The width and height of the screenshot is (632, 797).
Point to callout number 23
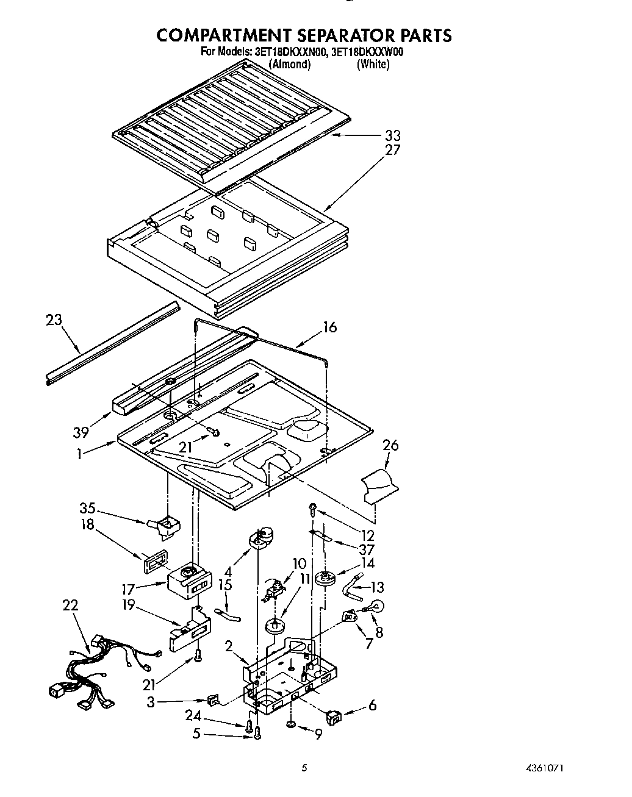coord(54,319)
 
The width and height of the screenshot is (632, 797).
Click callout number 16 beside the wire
coord(329,327)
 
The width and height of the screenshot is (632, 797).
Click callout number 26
coord(390,446)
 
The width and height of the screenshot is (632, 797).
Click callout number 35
coord(88,509)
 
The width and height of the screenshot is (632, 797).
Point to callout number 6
coord(372,706)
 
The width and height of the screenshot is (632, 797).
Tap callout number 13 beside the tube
coord(378,587)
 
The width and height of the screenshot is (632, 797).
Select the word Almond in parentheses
coord(290,64)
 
